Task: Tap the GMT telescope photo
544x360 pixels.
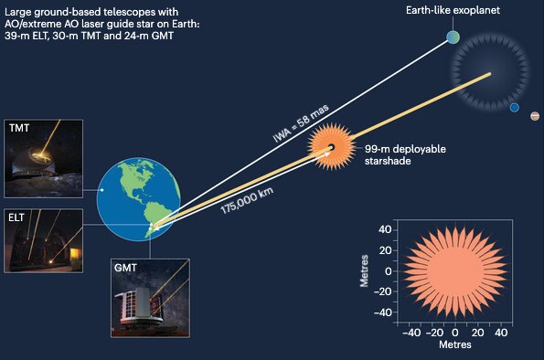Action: coord(151,295)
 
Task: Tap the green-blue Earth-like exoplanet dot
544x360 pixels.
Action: coord(453,37)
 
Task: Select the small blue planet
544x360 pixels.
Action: coord(515,108)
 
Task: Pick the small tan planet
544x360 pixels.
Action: coord(535,116)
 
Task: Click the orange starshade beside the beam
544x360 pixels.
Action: coord(330,146)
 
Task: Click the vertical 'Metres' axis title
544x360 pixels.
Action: coord(365,271)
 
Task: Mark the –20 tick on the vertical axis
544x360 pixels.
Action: coord(384,292)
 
